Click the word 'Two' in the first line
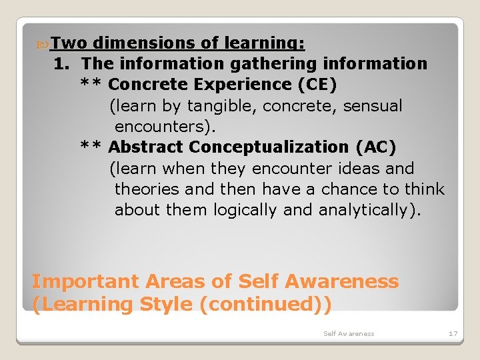[69, 43]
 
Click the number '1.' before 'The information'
[64, 64]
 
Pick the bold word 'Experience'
[235, 85]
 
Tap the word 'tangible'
[226, 105]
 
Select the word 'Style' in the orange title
[167, 304]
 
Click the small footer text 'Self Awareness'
[349, 333]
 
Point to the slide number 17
[453, 333]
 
